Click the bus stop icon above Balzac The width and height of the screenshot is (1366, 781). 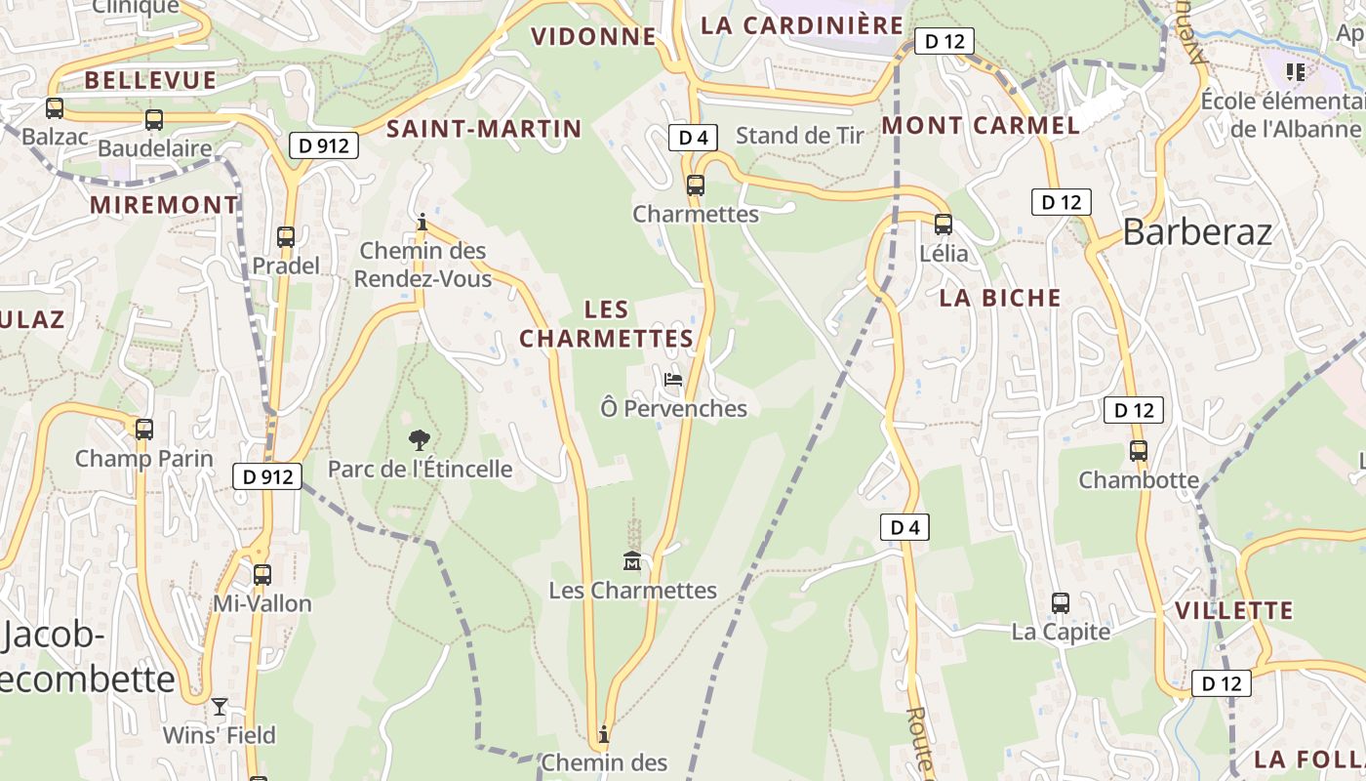click(55, 108)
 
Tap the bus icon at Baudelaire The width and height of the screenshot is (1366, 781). click(154, 120)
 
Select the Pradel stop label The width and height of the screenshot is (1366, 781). click(286, 266)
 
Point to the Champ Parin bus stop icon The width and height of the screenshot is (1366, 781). click(144, 429)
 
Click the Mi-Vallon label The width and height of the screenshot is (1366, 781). click(262, 603)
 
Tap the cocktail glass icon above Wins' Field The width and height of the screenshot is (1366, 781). click(220, 706)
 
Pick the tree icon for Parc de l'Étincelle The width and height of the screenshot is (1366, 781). click(420, 439)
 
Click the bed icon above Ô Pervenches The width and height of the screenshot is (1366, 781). click(673, 379)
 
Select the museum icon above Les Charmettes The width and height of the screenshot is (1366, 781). click(632, 561)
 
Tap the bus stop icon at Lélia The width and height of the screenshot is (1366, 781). click(944, 225)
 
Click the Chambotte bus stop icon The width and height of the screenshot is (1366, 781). click(1139, 451)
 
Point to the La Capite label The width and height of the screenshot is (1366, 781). click(1061, 632)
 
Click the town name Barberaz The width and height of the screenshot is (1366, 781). click(1197, 232)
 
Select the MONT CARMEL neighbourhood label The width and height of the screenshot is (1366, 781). click(981, 125)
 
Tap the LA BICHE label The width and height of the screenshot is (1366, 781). click(1000, 298)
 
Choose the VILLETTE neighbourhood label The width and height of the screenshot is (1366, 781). click(1234, 611)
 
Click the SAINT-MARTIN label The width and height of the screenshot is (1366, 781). click(484, 128)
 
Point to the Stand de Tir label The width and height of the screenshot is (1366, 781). click(800, 136)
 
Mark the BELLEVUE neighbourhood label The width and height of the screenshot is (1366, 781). click(150, 80)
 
